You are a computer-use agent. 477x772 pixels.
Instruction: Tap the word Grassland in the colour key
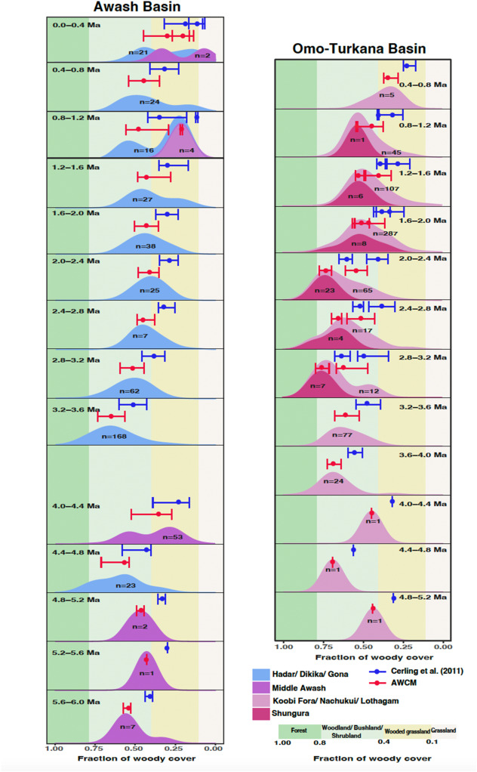click(444, 731)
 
